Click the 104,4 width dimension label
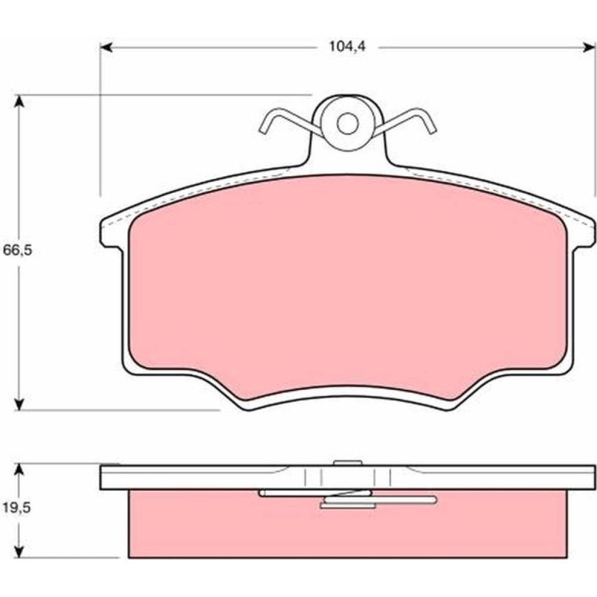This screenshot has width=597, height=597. [x=347, y=47]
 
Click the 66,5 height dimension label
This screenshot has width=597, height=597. [x=17, y=250]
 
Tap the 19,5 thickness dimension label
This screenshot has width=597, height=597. [x=17, y=507]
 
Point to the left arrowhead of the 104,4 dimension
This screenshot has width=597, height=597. [x=106, y=47]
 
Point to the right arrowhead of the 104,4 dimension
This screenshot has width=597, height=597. [x=589, y=47]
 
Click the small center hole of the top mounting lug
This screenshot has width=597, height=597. [x=347, y=123]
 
